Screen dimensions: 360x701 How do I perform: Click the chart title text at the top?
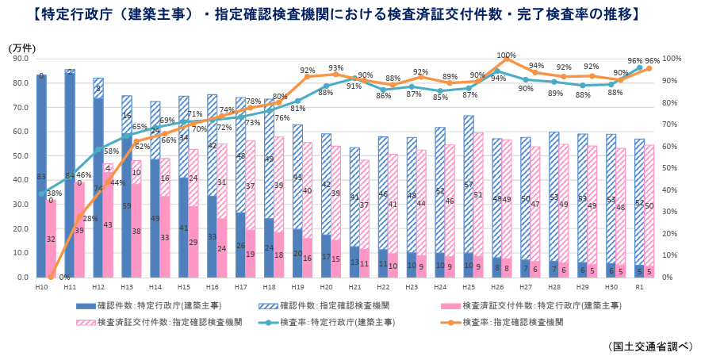point(349,13)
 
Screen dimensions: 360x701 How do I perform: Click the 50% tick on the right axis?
point(672,168)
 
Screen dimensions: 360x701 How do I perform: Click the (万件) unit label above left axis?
point(21,48)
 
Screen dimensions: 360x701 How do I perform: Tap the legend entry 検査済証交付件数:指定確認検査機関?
point(159,323)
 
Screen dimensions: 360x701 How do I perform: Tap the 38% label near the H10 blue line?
point(55,193)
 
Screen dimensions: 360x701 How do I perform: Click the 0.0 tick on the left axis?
point(21,278)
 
